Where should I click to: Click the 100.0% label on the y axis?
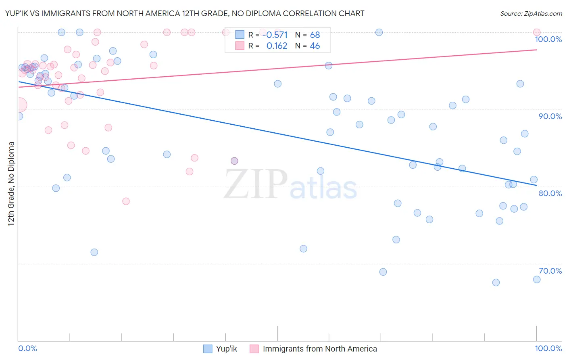click(548, 39)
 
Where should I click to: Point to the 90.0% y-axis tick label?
click(550, 116)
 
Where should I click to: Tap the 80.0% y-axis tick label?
click(550, 193)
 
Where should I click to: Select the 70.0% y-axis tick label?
click(550, 271)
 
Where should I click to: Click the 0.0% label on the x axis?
click(27, 348)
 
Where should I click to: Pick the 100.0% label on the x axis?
click(548, 348)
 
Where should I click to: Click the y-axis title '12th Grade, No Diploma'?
click(11, 184)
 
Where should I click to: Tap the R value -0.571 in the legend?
click(275, 35)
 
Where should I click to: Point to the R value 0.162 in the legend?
click(277, 46)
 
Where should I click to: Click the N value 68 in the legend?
click(315, 35)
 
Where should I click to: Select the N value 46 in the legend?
click(315, 46)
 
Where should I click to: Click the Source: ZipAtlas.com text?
click(531, 13)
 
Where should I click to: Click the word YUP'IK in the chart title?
click(17, 13)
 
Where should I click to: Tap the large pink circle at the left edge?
click(19, 105)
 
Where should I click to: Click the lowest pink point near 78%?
click(126, 201)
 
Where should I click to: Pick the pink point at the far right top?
click(536, 32)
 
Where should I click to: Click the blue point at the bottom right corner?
click(536, 279)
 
